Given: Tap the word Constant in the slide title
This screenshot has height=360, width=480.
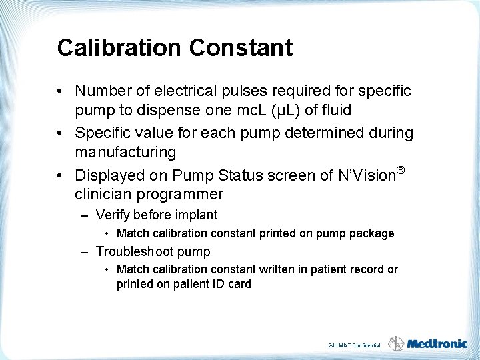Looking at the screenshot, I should coord(241,48).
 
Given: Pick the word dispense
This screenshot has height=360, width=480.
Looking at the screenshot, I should coord(157,109).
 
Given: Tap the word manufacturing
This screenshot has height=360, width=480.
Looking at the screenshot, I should coord(125,152).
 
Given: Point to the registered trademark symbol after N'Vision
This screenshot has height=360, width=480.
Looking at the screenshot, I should coord(400,171).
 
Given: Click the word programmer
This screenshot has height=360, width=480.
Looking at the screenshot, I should coord(181,195).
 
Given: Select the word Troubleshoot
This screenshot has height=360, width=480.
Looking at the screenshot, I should coord(137,251).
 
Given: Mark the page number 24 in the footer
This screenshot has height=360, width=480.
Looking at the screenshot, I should coord(331,345).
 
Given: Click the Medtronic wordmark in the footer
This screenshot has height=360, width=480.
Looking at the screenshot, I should coord(437,344).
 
